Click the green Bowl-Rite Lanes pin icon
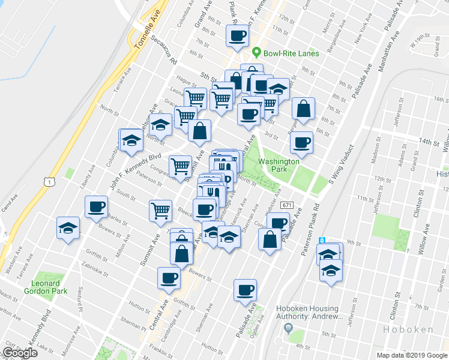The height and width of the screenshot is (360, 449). point(257,53)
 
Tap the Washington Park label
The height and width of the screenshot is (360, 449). point(279,166)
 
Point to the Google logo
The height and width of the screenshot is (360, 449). point(20,353)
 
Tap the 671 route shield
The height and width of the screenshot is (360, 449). point(286,205)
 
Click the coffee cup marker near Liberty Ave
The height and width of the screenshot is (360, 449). point(96,208)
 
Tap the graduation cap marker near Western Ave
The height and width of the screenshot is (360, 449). point(68,228)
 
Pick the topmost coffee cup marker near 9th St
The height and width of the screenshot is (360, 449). point(236,35)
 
